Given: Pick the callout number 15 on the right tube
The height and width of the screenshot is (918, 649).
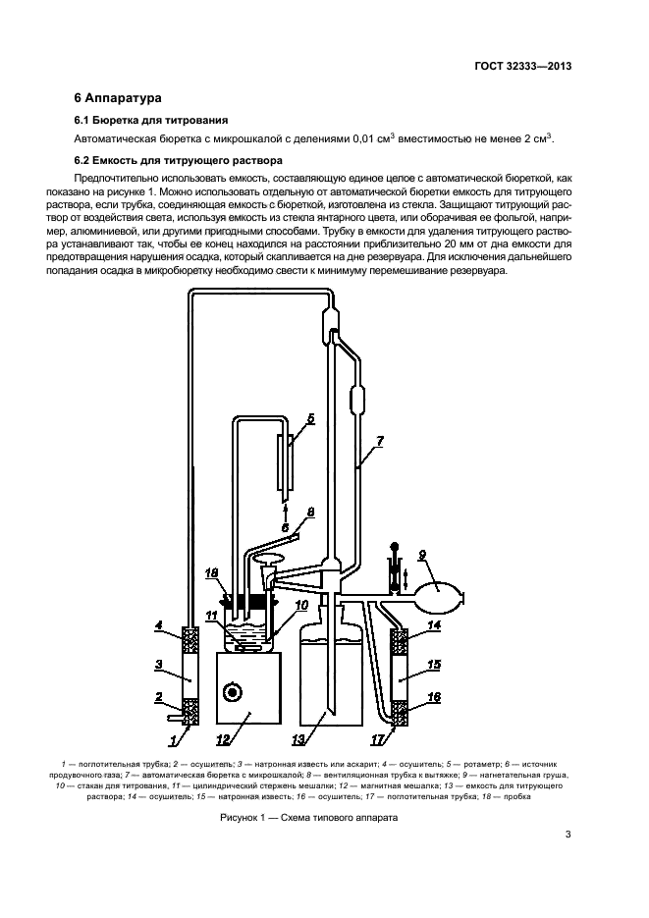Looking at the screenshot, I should coord(435,665).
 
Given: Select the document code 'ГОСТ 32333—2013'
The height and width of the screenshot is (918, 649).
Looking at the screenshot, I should coord(521,66).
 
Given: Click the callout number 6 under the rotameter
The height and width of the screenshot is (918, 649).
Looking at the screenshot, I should coord(285,528).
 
